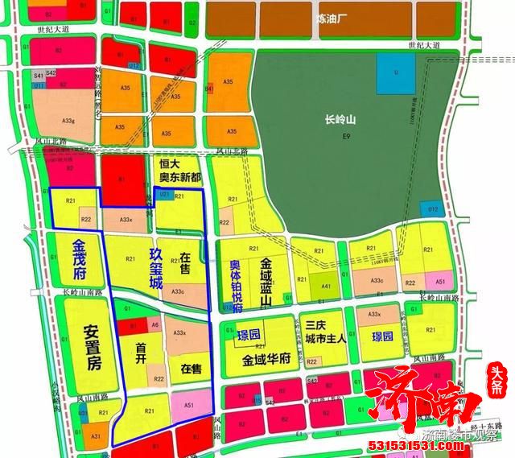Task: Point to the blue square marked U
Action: point(395,73)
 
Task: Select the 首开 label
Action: point(142,349)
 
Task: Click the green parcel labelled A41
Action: point(326,287)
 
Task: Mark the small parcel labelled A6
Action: point(154,324)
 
